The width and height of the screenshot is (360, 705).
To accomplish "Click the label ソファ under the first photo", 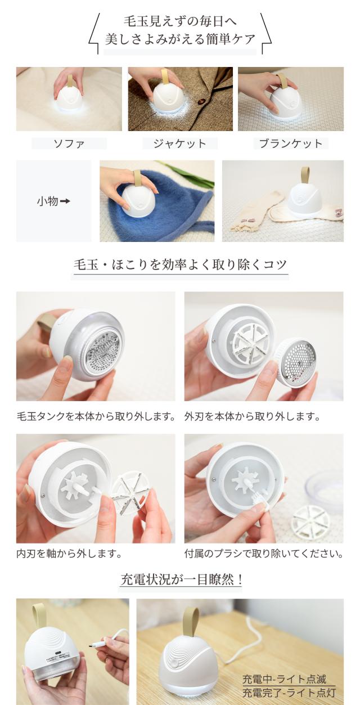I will click(69, 143).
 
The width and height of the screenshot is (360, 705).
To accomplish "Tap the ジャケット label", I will click(179, 143).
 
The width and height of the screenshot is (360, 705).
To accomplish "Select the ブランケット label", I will click(290, 143).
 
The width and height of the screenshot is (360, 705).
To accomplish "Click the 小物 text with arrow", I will click(53, 201).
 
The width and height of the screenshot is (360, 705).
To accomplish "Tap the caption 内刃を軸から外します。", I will click(69, 554).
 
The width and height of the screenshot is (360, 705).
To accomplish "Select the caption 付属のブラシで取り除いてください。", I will click(263, 554).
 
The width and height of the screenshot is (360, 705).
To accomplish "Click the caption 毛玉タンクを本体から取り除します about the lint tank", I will click(96, 417).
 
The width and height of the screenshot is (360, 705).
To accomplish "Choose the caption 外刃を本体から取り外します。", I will click(252, 417).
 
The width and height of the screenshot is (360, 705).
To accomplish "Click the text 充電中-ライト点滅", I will click(283, 679).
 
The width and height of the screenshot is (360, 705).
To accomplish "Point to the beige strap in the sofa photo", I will click(71, 81).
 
